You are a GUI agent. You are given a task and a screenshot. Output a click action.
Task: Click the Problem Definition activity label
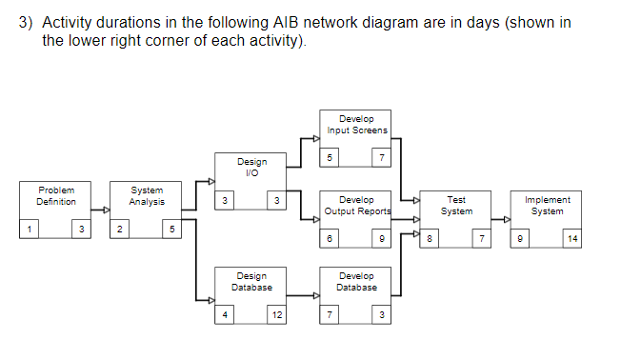56,196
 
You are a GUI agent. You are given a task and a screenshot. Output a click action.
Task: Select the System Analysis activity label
147,196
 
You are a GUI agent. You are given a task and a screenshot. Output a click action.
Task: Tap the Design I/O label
251,168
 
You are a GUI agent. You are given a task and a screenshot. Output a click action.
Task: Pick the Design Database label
251,281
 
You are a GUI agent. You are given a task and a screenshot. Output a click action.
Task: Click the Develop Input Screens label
356,124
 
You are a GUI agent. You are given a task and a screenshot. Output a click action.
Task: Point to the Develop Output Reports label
357,206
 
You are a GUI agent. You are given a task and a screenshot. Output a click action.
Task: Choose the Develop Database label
356,281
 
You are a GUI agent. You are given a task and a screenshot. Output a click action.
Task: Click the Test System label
456,206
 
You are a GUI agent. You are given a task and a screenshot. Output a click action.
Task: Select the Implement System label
548,206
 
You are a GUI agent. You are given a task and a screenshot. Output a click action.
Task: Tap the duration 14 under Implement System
571,239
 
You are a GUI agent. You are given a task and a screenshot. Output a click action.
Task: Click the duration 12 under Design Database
276,315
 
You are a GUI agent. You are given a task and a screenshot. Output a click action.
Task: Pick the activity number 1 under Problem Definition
30,230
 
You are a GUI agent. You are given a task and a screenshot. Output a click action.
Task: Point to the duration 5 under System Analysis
171,230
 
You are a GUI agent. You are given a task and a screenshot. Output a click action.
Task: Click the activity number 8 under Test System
431,239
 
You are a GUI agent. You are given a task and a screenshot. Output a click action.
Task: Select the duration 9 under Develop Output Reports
381,239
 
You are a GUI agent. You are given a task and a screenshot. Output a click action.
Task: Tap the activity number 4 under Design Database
225,315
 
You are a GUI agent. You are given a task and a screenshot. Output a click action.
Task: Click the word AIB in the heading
288,23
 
